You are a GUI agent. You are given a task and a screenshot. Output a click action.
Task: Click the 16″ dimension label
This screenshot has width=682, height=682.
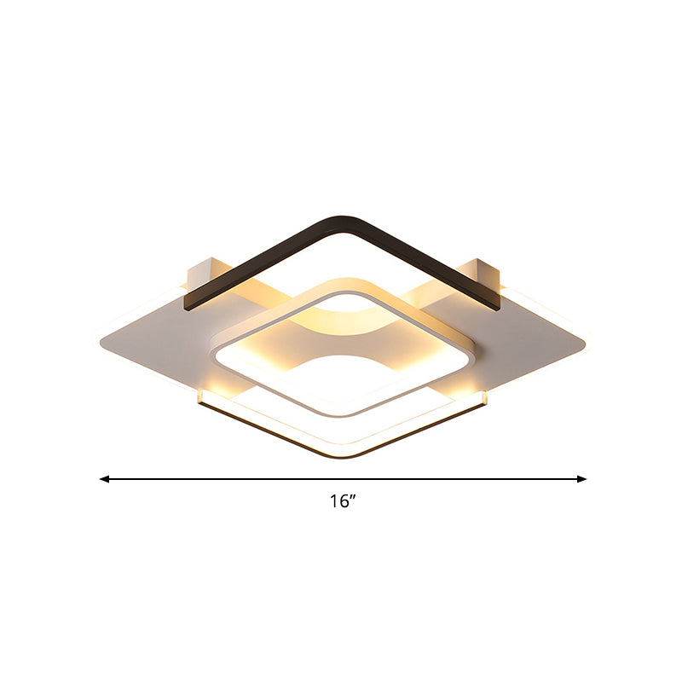343,502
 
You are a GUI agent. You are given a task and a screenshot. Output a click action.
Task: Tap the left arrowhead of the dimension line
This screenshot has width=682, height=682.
105,479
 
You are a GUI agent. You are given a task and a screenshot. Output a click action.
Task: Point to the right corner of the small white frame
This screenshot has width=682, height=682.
476,345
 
